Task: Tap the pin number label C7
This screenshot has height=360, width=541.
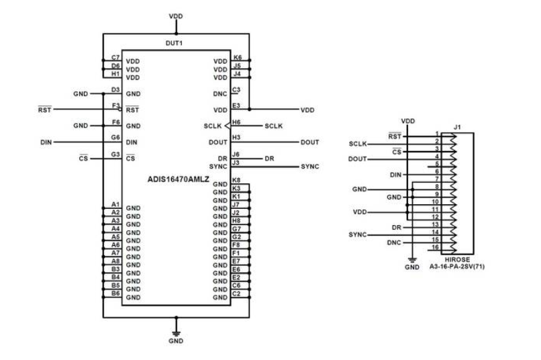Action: pyautogui.click(x=115, y=58)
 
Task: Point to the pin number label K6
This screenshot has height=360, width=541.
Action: pyautogui.click(x=236, y=58)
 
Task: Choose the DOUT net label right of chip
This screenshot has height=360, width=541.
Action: pyautogui.click(x=309, y=142)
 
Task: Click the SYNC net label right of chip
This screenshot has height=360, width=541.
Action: pyautogui.click(x=310, y=166)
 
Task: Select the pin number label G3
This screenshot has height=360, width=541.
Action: pyautogui.click(x=115, y=155)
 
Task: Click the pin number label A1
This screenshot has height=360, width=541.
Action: pyautogui.click(x=115, y=204)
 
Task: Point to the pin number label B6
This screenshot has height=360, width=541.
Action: pyautogui.click(x=115, y=293)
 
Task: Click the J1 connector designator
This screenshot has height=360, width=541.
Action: pyautogui.click(x=457, y=126)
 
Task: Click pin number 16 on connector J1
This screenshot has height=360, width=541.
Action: pyautogui.click(x=436, y=247)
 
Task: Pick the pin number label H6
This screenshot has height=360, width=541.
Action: pyautogui.click(x=236, y=123)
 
